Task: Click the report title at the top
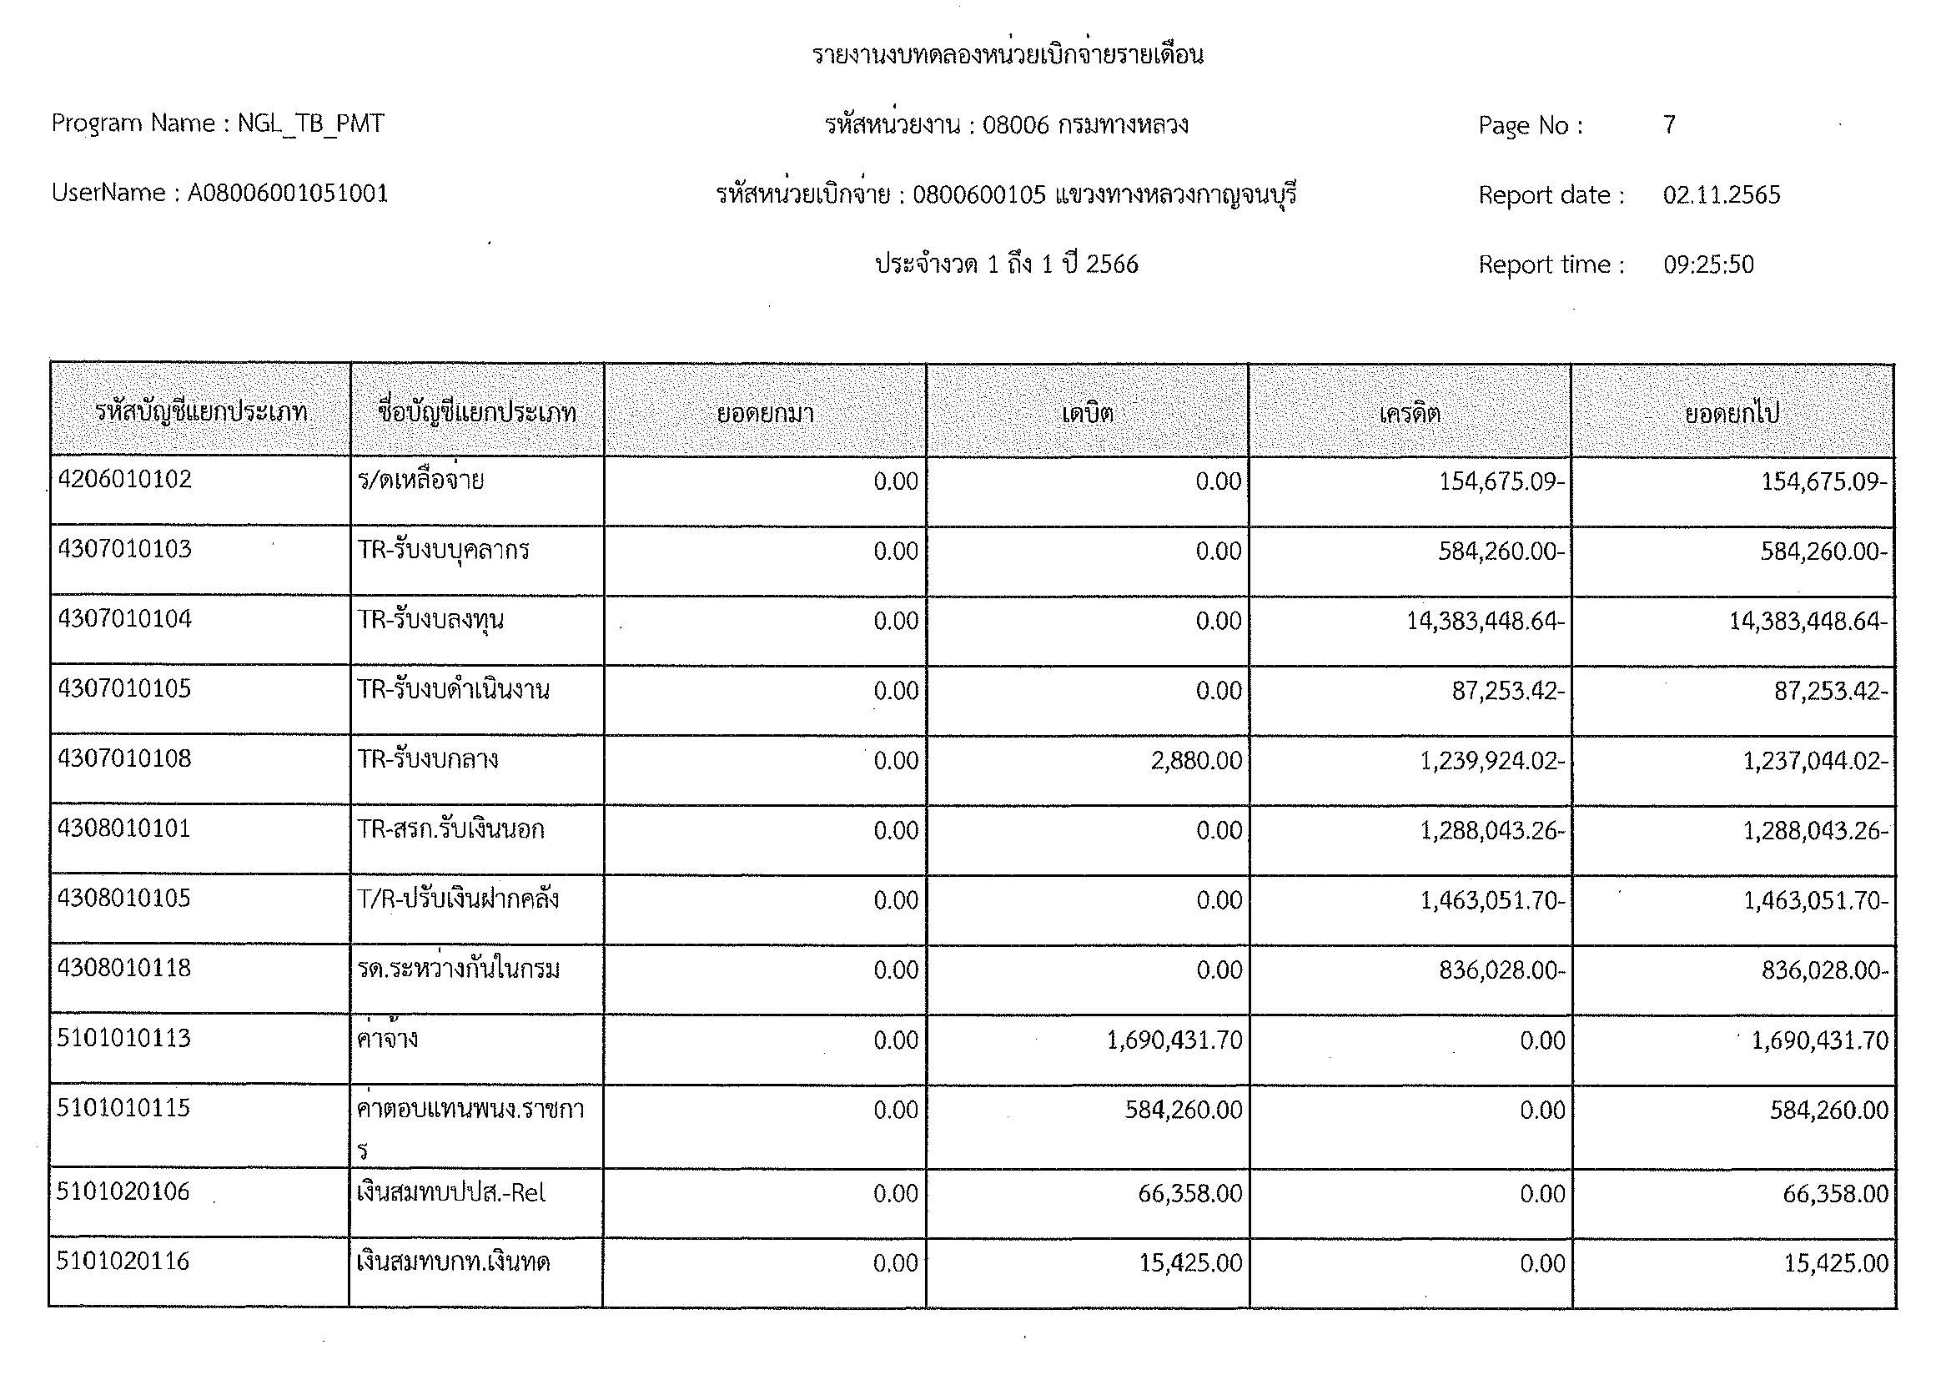pyautogui.click(x=1007, y=55)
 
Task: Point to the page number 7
pyautogui.click(x=1669, y=126)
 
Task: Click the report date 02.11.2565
pyautogui.click(x=1721, y=195)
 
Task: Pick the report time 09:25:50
pyautogui.click(x=1708, y=265)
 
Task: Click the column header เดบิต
pyautogui.click(x=1087, y=414)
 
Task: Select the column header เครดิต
pyautogui.click(x=1410, y=414)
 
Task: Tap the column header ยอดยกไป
pyautogui.click(x=1732, y=414)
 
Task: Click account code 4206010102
pyautogui.click(x=125, y=480)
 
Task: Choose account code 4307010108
pyautogui.click(x=125, y=758)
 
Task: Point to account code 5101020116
pyautogui.click(x=123, y=1261)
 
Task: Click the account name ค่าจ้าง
pyautogui.click(x=388, y=1040)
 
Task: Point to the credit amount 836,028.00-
pyautogui.click(x=1501, y=970)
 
